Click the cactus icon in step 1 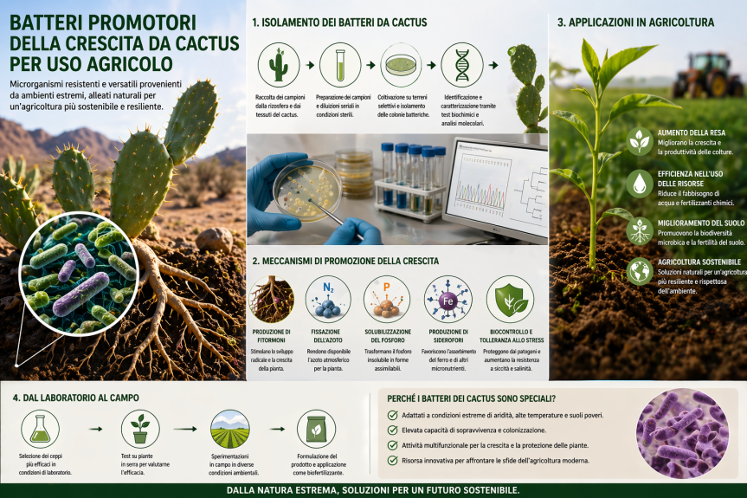tap(279, 65)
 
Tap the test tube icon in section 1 tap(340, 65)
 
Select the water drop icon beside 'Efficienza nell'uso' tap(640, 183)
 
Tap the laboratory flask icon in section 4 tap(40, 428)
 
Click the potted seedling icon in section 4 tap(140, 428)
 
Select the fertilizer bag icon tap(316, 428)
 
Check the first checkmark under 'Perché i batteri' tap(393, 417)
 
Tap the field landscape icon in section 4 tap(230, 428)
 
